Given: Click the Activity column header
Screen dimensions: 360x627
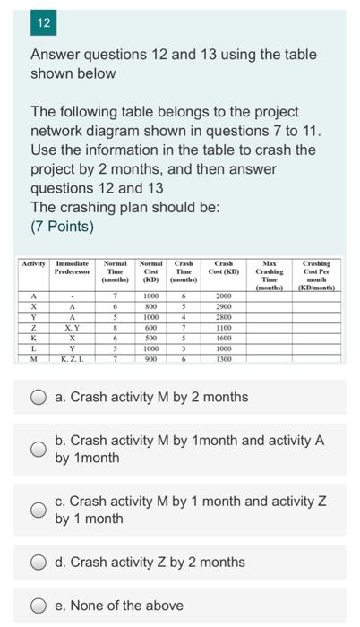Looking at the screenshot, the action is coord(33,264).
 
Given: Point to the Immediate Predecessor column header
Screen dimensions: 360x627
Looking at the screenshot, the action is coord(72,268).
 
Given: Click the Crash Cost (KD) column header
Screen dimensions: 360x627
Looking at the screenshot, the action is coord(223,268).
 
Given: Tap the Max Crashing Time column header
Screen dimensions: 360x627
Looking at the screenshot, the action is coord(269,275).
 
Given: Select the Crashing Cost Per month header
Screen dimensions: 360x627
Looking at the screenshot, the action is coord(316,275).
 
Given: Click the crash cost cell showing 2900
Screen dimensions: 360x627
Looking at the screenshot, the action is coord(223,305).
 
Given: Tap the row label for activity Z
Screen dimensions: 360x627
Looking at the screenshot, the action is coord(33,328).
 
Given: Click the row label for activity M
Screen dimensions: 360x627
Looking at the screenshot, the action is coord(33,358).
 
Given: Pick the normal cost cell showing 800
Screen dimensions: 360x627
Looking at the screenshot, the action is coord(150,305).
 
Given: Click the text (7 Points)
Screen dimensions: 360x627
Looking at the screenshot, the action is coord(62,226).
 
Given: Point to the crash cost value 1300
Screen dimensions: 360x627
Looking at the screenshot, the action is coord(223,358).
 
